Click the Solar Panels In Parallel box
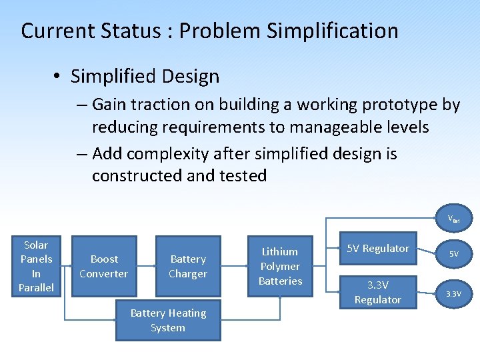coord(36,266)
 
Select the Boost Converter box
coord(103,266)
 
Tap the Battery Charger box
coord(188,266)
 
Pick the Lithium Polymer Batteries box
coord(280,266)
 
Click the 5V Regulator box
coord(377,249)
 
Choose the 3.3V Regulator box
coord(377,293)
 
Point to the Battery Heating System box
coord(168,321)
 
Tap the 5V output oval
coord(453,254)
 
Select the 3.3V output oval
coord(453,293)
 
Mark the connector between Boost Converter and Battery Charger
coord(146,266)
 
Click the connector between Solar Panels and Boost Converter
coord(65,266)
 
